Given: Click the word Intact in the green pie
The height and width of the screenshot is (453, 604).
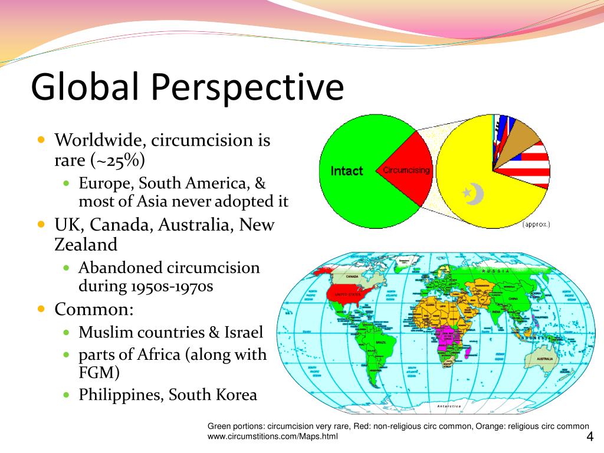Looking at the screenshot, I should pos(347,171).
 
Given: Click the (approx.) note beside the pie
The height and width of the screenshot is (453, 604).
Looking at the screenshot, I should pos(536,224).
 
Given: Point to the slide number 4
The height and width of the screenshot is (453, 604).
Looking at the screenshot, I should pos(589,436).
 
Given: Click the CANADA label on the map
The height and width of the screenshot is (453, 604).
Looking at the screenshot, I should pos(352,276).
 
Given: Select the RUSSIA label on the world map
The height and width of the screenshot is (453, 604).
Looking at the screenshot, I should pos(495,271).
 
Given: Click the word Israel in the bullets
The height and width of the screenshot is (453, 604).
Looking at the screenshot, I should pos(243,332).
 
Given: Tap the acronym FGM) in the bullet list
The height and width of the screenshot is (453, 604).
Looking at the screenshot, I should pos(99,373).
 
